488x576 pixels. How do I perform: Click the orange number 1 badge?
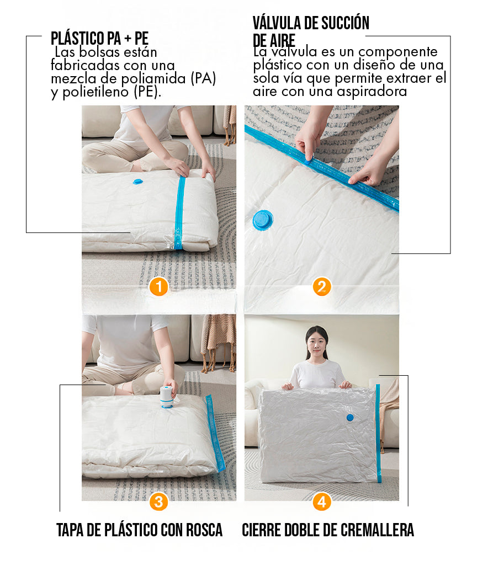click(x=159, y=287)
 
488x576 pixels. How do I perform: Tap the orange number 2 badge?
click(x=322, y=287)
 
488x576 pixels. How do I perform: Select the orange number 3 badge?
click(x=159, y=502)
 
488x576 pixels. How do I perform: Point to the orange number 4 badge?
click(x=322, y=502)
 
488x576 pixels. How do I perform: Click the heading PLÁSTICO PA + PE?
click(x=99, y=38)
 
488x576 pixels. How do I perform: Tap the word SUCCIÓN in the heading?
click(x=346, y=23)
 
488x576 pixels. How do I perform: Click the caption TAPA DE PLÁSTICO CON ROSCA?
click(x=139, y=530)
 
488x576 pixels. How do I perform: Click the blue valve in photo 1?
click(x=138, y=182)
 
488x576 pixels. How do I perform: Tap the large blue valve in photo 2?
click(x=263, y=220)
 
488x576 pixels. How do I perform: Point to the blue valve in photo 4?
click(x=350, y=417)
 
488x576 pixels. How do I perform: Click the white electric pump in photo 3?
click(x=167, y=397)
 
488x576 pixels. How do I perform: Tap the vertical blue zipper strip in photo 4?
click(x=378, y=434)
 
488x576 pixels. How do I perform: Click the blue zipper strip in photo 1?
click(x=179, y=212)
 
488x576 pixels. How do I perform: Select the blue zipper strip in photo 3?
click(x=215, y=433)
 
